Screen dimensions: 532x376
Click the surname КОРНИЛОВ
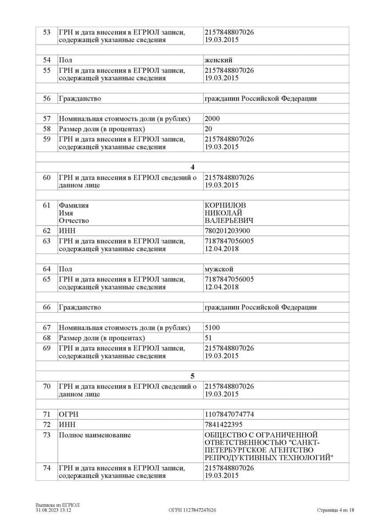pos(225,205)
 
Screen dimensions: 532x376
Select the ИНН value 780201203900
pos(227,231)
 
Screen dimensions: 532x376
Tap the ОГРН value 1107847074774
pos(230,415)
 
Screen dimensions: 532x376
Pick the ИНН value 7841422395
pos(223,425)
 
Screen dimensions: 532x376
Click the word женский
pos(218,60)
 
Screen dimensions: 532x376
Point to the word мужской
pos(219,269)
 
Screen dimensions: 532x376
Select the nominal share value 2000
pos(212,119)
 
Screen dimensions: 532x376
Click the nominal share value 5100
pos(212,328)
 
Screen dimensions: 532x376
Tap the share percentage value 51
pos(208,338)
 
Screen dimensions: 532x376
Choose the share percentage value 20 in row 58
pos(208,129)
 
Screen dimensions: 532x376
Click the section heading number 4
pos(192,167)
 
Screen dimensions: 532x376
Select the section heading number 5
pos(192,376)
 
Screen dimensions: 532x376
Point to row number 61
pos(47,205)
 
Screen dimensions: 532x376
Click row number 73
pos(47,435)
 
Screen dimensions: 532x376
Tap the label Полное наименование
pos(94,435)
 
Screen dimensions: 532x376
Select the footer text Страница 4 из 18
pos(336,510)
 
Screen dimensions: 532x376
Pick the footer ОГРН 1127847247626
pos(192,510)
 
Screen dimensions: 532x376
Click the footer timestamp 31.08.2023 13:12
pos(54,510)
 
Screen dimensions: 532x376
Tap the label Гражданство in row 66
pos(80,307)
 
